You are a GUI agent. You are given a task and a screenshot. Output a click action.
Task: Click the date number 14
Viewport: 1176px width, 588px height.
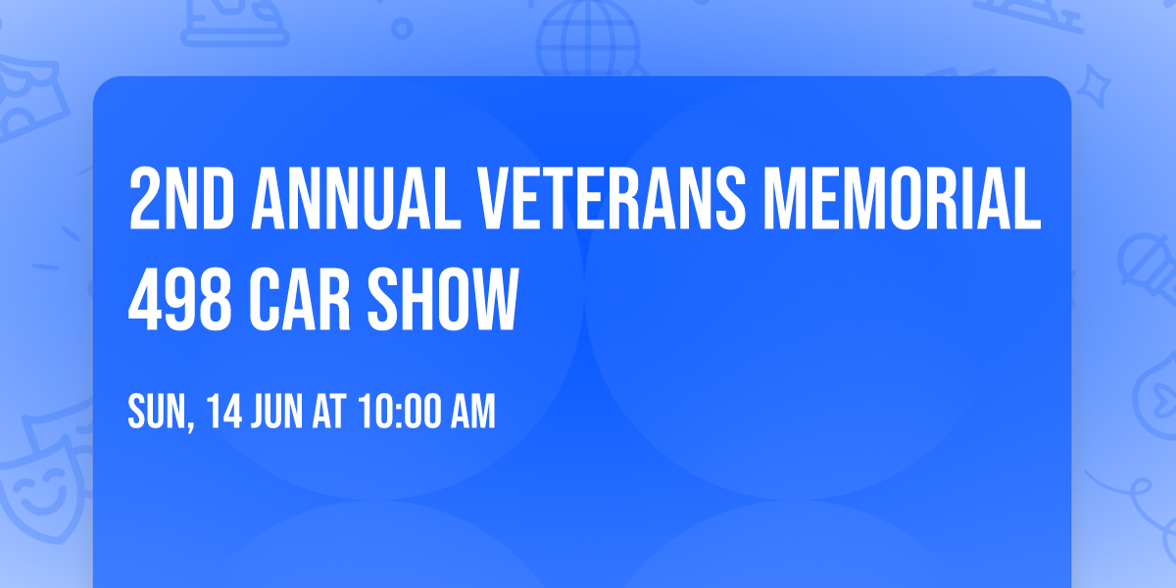pos(224,413)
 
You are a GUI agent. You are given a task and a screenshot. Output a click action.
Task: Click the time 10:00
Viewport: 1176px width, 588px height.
pos(397,413)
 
